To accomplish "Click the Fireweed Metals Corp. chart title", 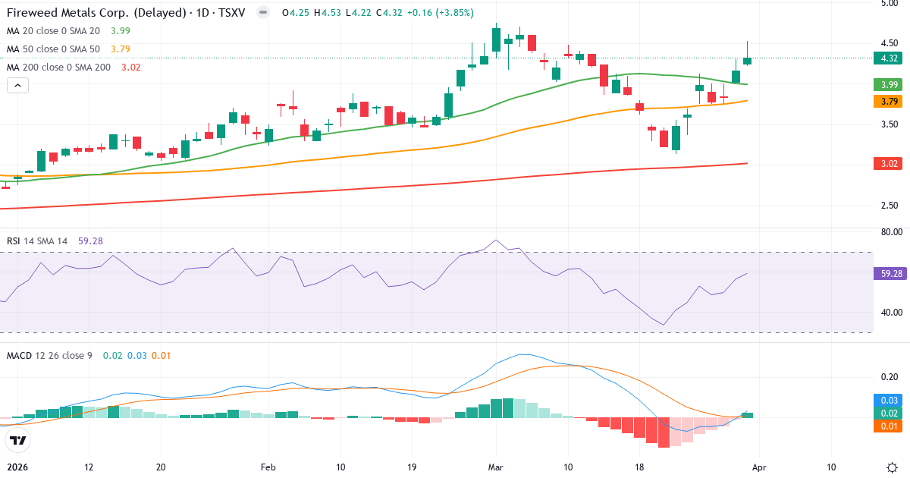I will click(x=99, y=13).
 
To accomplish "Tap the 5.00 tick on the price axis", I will click(x=889, y=3).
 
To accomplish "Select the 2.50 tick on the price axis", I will click(x=889, y=205).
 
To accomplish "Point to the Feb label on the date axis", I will click(x=268, y=467).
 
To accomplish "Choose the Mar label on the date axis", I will click(x=496, y=467).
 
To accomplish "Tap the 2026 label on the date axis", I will click(x=17, y=467).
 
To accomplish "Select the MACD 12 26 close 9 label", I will click(x=49, y=355).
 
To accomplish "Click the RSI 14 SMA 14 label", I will click(x=37, y=241).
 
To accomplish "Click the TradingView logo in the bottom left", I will click(x=18, y=440).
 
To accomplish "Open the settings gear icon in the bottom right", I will click(x=892, y=467).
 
